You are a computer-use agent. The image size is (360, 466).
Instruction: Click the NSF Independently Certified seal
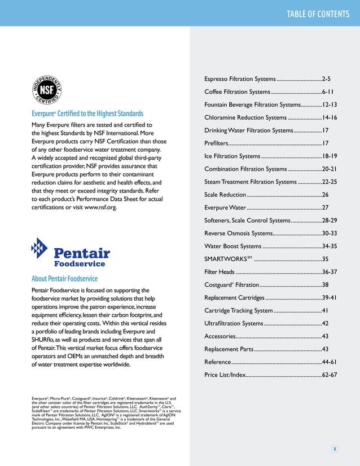(46, 90)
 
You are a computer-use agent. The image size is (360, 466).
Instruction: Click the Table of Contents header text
(318, 14)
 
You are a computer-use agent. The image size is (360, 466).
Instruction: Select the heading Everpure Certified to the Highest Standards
(87, 113)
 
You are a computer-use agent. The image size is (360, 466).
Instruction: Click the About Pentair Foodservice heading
(64, 279)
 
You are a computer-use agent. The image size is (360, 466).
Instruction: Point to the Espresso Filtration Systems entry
(240, 79)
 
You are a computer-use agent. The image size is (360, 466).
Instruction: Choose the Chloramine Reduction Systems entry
(245, 118)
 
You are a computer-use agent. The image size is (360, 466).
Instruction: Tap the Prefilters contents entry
(216, 144)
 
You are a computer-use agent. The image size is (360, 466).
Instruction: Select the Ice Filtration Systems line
(232, 156)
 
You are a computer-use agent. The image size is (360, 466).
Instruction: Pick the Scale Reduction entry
(225, 195)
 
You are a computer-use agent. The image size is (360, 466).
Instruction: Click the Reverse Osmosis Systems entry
(238, 234)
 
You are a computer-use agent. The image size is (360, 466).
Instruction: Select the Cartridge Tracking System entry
(238, 311)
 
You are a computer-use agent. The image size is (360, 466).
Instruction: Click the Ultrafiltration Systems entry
(234, 324)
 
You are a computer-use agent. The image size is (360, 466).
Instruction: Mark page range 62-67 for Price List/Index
(329, 375)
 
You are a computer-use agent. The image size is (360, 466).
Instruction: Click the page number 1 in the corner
(335, 449)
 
